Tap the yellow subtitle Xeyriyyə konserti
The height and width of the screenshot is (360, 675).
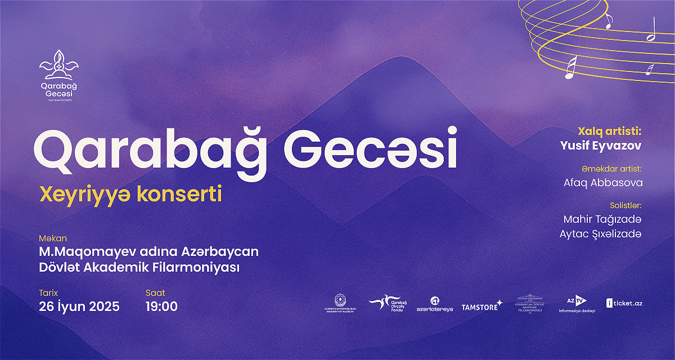coord(130,194)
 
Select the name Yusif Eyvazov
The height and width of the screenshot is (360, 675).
coord(601,146)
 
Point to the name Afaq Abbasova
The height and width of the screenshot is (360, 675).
coord(602,183)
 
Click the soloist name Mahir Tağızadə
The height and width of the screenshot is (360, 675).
coord(602,219)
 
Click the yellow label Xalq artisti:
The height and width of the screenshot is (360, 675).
coord(609,132)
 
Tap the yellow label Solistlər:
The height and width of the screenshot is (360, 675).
coord(625,205)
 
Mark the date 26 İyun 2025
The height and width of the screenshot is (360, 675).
coord(79,307)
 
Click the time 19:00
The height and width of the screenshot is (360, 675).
coord(161,307)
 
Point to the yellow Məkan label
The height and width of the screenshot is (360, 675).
coord(53,238)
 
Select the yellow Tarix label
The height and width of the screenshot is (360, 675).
coord(48,293)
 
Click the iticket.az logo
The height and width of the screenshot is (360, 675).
coord(624,303)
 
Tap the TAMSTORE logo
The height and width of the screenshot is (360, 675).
coord(481,307)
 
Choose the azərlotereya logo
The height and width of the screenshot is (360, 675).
coord(434,305)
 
